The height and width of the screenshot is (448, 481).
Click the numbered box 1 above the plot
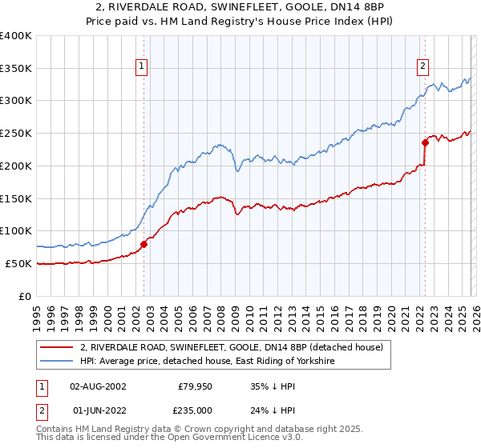tap(141, 67)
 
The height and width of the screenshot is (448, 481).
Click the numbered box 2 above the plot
tap(422, 67)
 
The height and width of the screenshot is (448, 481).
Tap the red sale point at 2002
tap(144, 244)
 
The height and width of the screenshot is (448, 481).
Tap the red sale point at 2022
tap(426, 143)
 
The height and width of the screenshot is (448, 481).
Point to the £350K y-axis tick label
tap(15, 69)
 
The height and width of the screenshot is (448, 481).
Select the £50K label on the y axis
tap(18, 263)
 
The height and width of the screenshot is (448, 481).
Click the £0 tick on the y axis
tap(26, 296)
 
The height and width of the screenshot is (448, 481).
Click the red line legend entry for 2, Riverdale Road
tap(232, 347)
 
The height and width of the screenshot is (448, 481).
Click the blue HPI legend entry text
tap(206, 362)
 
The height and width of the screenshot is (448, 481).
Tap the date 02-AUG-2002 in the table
tap(98, 386)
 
